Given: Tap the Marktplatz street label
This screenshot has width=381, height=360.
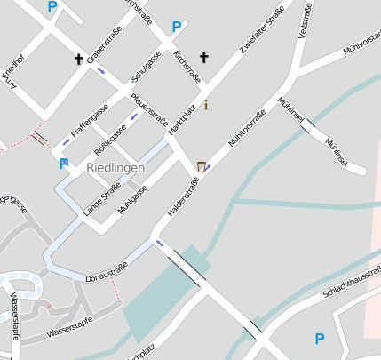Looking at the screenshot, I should tap(181, 121).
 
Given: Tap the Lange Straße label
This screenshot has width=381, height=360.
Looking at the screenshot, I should tap(101, 200).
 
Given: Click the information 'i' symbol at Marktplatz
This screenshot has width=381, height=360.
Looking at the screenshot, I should tap(207, 106).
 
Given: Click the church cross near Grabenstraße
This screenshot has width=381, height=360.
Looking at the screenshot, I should tap(78, 60).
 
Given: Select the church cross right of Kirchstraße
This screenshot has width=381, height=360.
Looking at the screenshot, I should tap(203, 58).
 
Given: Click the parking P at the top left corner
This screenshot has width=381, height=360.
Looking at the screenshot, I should tap(52, 7).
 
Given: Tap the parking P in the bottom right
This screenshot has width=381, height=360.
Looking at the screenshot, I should tap(320, 338).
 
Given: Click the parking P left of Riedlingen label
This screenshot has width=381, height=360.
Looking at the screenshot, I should tap(63, 164).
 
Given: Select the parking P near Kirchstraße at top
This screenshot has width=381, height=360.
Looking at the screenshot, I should tap(177, 28).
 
